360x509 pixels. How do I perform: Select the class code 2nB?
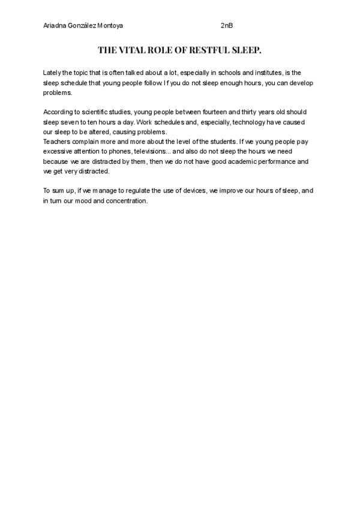tap(226, 26)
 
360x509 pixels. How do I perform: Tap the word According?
tap(59, 112)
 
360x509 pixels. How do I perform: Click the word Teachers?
tap(58, 141)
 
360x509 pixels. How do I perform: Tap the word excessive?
tap(59, 151)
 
